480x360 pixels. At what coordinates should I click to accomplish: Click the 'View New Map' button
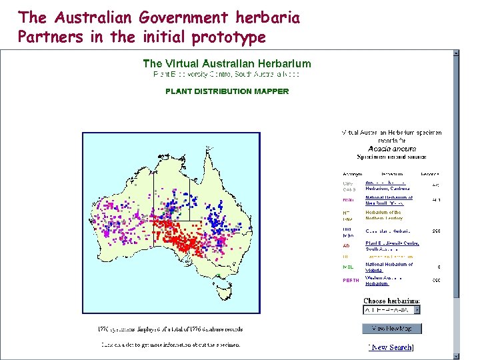391,329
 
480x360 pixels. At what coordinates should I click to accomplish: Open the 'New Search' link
391,347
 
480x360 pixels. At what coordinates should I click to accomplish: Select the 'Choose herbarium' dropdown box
391,310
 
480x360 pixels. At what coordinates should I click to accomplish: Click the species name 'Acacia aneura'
392,149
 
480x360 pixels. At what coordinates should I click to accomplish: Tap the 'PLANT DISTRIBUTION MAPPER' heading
227,91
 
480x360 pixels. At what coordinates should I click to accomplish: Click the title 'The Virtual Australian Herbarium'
227,64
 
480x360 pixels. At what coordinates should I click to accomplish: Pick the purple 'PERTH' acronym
351,281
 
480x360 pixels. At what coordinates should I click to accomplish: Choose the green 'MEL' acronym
347,267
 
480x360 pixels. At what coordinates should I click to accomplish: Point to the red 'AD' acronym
346,245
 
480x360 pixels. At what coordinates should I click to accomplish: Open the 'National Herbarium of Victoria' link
389,267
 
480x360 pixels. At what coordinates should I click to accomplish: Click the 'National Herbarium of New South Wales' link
389,200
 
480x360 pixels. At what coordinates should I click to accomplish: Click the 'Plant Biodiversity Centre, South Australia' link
392,245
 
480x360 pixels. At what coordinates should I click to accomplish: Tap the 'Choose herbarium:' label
391,301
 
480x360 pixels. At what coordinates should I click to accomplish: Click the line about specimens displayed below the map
172,329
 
